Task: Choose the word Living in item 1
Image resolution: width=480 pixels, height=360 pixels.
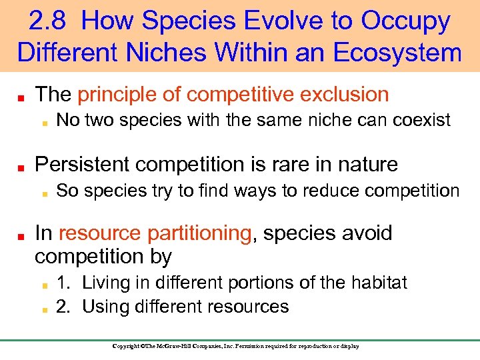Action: pos(105,283)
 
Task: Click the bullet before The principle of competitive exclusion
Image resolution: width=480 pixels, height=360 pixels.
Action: pos(21,96)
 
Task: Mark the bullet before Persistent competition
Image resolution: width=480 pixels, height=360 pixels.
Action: pos(21,165)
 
